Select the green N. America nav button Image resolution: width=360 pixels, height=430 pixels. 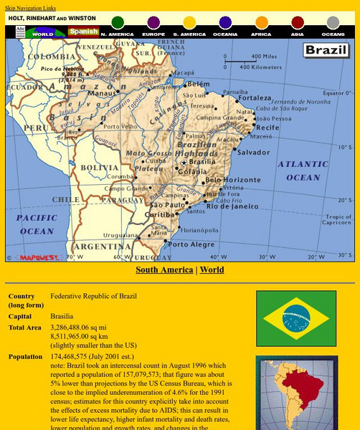[118, 23]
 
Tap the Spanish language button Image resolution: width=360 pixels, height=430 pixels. [83, 32]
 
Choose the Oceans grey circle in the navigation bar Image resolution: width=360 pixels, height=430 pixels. [333, 23]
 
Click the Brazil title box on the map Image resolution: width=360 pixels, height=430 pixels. [326, 50]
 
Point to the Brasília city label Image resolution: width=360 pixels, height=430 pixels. [203, 163]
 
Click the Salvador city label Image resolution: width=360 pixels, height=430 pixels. [253, 153]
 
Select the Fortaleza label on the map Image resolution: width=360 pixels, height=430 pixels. [255, 98]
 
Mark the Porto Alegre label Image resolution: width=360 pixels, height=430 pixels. [192, 244]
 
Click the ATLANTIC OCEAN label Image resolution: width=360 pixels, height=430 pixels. [303, 171]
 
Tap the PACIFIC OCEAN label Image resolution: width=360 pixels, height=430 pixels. [36, 224]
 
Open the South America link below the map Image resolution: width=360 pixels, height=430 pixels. [164, 270]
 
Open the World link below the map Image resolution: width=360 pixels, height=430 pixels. [212, 270]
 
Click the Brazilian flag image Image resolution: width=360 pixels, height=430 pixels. [296, 318]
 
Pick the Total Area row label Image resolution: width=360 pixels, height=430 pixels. [25, 328]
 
